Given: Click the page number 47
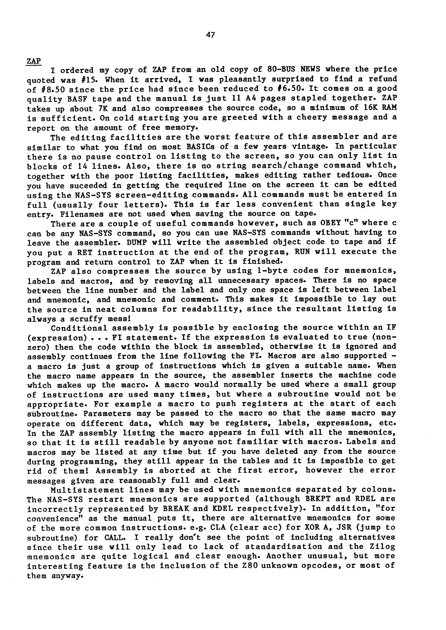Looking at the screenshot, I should coord(210,35).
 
